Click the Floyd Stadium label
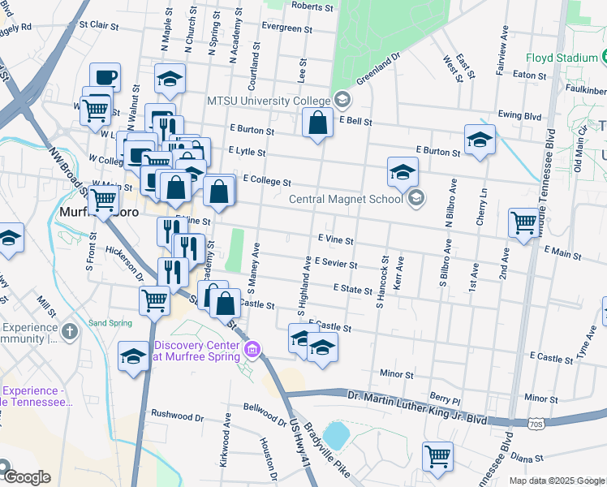(x=562, y=58)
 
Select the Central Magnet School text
(x=347, y=198)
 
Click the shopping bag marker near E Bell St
(x=319, y=124)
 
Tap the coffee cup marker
(x=105, y=78)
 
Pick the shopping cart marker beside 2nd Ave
(x=523, y=221)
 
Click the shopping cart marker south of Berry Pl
(x=437, y=455)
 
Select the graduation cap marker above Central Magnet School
(x=403, y=172)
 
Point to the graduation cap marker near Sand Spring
(x=134, y=356)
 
